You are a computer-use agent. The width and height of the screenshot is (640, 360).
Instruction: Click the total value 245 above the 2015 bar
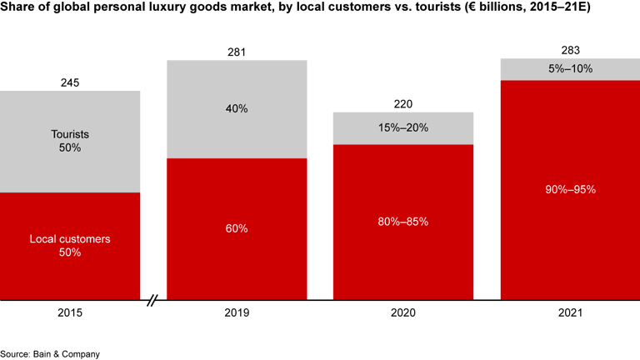click(70, 82)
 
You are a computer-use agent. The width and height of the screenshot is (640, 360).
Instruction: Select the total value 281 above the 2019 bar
click(237, 52)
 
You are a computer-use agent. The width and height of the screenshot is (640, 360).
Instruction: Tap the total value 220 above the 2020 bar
click(403, 104)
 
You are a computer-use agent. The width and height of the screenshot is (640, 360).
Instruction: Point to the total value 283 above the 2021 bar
click(570, 50)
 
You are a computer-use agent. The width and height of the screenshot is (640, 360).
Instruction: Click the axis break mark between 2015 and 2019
click(153, 299)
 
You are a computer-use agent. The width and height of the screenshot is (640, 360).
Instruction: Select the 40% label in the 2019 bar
click(237, 108)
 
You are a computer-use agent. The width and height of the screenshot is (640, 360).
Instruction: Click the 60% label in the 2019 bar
click(237, 228)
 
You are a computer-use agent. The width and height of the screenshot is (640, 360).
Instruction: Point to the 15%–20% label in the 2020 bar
click(403, 127)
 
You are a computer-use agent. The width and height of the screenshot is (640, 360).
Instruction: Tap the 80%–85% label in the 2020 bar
click(403, 222)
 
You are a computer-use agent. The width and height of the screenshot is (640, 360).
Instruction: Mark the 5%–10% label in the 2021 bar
click(570, 68)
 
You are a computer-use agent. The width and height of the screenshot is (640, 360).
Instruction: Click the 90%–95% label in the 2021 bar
click(570, 189)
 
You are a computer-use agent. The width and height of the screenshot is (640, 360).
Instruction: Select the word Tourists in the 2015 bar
click(70, 134)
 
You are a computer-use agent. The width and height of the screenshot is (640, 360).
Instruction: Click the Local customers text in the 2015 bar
click(70, 239)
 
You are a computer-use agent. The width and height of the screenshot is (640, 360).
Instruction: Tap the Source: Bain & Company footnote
click(50, 354)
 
